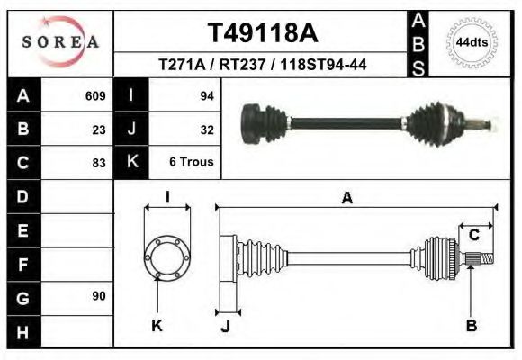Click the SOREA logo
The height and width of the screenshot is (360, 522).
(59, 41)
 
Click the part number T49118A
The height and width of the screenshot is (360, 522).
(263, 33)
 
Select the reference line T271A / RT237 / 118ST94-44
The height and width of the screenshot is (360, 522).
(262, 65)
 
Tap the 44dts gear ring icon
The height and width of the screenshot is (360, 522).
(472, 42)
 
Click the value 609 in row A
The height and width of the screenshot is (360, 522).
(95, 96)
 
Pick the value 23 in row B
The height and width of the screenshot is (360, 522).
(99, 130)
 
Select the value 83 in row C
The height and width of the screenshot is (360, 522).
(99, 163)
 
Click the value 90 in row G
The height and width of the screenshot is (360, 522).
(99, 296)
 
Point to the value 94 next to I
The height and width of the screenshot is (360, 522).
(206, 96)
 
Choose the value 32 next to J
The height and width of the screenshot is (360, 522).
(206, 130)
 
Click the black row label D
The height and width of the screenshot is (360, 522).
(23, 196)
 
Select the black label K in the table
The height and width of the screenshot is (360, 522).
(132, 163)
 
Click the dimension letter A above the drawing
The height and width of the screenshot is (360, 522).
(346, 199)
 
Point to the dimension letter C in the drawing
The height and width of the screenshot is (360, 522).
(472, 236)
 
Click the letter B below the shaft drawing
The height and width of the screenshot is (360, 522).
(471, 325)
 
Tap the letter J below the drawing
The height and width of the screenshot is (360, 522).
(226, 325)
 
